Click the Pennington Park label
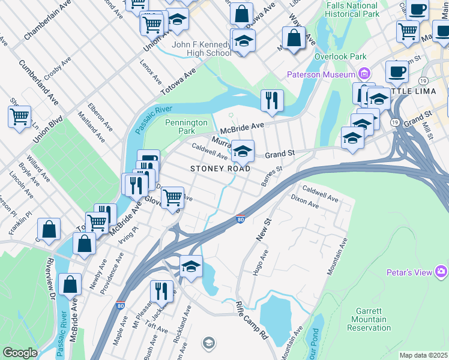[x=186, y=127]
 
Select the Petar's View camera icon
[x=442, y=272]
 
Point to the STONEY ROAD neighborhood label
[x=220, y=169]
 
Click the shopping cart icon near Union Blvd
[x=19, y=116]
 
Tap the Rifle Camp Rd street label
[x=252, y=320]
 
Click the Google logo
[x=20, y=353]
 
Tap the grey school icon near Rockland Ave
[x=208, y=343]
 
